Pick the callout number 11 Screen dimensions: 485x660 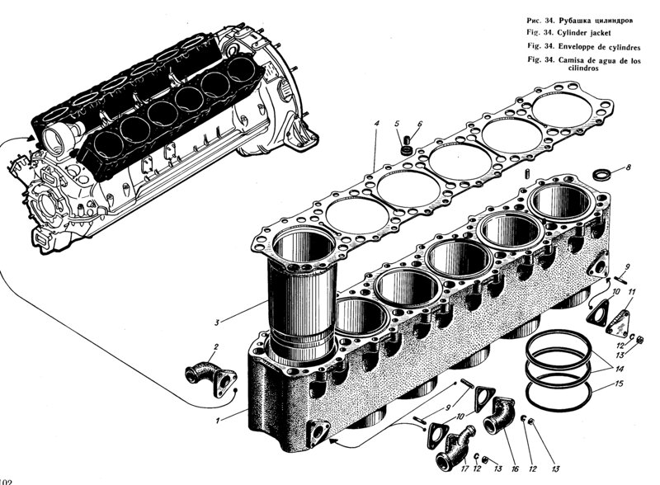pos(631,292)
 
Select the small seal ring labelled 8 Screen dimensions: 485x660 pos(605,174)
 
